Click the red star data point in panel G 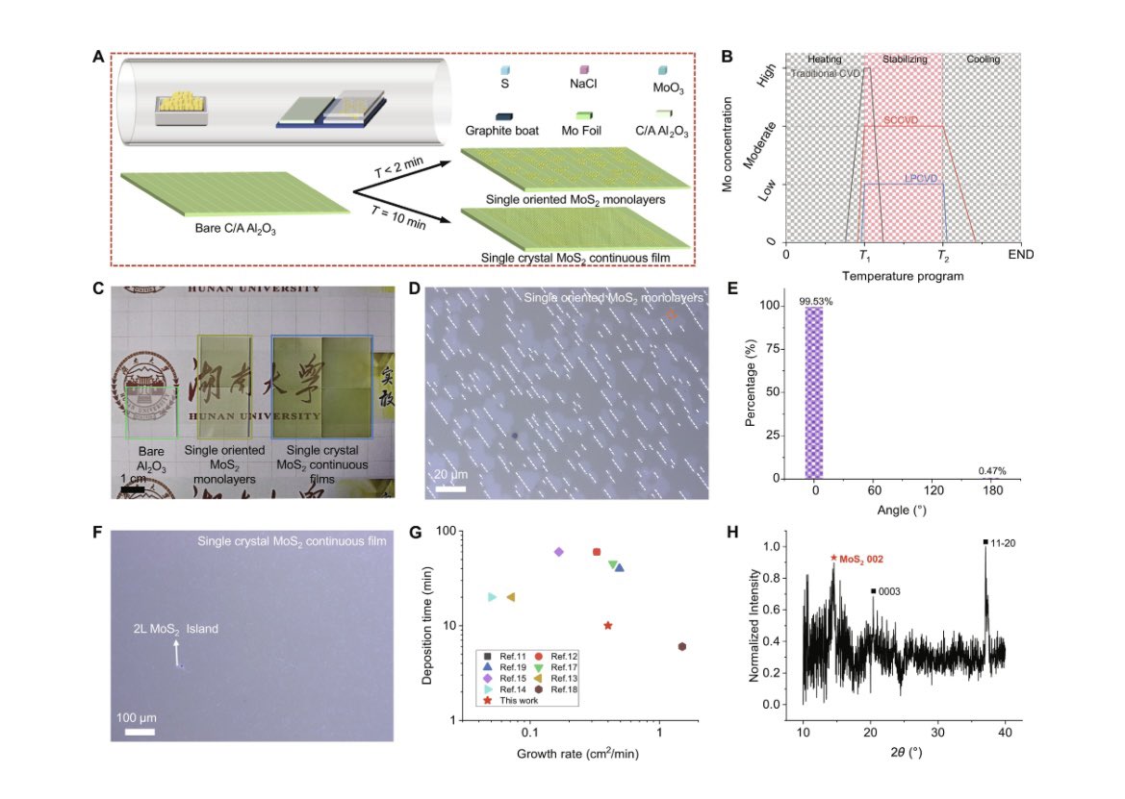pyautogui.click(x=607, y=625)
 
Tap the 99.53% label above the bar pyautogui.click(x=814, y=301)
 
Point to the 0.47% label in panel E pyautogui.click(x=992, y=470)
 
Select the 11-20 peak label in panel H pyautogui.click(x=1003, y=543)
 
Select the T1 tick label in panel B pyautogui.click(x=864, y=257)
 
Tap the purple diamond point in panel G pyautogui.click(x=559, y=552)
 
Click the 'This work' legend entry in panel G pyautogui.click(x=520, y=701)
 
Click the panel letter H pyautogui.click(x=734, y=532)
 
